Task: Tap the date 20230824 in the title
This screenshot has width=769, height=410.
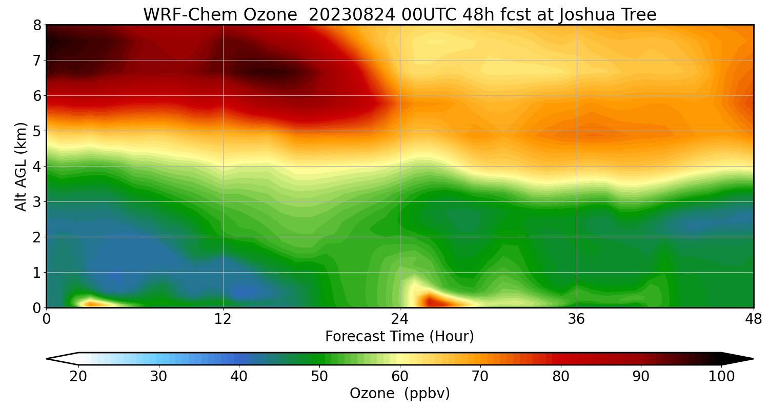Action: (352, 15)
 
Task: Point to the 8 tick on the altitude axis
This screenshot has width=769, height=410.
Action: (37, 25)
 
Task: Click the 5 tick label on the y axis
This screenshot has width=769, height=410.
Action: (37, 131)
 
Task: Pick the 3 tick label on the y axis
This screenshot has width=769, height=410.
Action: (37, 202)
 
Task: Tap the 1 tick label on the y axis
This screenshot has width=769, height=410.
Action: (37, 273)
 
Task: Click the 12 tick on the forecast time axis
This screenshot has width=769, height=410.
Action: (223, 319)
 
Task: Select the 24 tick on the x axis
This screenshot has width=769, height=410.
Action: (400, 319)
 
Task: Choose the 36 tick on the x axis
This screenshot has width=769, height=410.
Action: (577, 319)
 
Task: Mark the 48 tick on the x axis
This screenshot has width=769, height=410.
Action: (753, 319)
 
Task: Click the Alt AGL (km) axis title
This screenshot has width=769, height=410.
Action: (21, 167)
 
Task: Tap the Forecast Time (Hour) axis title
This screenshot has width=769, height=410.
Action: (399, 337)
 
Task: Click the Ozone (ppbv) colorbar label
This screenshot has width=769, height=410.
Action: (399, 394)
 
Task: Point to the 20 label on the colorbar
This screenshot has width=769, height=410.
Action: (78, 377)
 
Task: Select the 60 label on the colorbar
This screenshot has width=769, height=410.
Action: (400, 377)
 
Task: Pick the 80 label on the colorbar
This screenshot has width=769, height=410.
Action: (561, 377)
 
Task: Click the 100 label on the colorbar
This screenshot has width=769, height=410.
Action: (721, 377)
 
